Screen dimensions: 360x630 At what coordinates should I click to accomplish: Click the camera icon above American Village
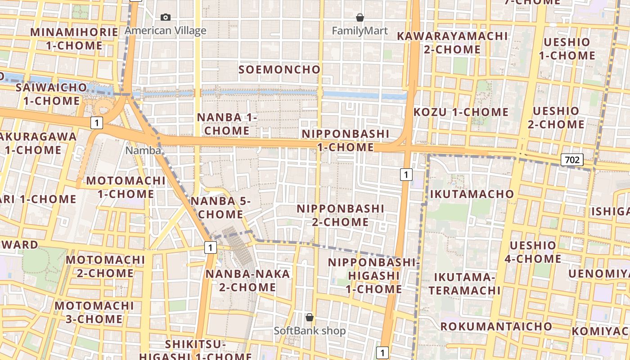click(166, 18)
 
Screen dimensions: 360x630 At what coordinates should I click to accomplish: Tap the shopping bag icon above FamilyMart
click(360, 18)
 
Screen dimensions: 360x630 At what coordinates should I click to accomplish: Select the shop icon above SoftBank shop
click(310, 317)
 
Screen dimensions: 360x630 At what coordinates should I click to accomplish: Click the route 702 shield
click(572, 160)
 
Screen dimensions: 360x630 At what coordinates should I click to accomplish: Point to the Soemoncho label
click(279, 70)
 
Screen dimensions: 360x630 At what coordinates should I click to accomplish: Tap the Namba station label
click(143, 151)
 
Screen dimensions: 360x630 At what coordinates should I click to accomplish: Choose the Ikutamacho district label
click(472, 194)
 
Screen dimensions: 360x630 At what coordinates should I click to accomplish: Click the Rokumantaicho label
click(496, 326)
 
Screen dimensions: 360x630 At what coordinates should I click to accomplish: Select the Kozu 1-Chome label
click(461, 112)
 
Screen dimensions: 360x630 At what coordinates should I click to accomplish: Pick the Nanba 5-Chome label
click(220, 207)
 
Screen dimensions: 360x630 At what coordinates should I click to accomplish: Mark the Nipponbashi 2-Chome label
click(340, 215)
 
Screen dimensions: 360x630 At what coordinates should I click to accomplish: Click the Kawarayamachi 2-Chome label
click(452, 42)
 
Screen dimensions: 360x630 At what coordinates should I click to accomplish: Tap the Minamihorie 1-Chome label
click(74, 39)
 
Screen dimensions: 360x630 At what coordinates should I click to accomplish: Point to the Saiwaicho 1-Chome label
click(51, 94)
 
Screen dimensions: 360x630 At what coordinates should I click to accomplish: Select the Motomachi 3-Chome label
click(94, 312)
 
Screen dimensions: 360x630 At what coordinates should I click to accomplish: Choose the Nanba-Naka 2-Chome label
click(248, 280)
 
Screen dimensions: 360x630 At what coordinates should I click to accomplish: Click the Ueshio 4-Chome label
click(535, 252)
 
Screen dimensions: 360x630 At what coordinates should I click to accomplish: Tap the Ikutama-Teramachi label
click(464, 283)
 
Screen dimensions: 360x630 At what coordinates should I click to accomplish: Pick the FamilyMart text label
click(360, 31)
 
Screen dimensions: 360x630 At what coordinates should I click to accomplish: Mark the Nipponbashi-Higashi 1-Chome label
click(373, 275)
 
